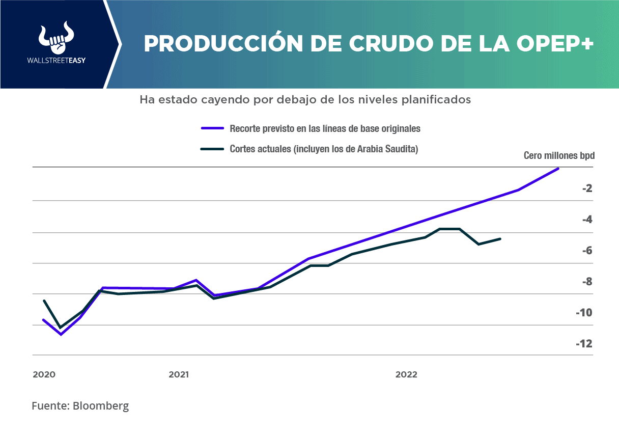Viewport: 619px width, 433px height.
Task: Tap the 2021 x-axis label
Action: pyautogui.click(x=179, y=375)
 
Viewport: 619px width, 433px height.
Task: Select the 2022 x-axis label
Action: pyautogui.click(x=406, y=375)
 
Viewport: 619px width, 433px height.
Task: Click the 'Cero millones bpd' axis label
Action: pyautogui.click(x=559, y=155)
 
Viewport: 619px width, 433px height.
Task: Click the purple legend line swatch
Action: pyautogui.click(x=212, y=129)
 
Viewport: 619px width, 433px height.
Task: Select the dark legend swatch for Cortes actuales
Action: pyautogui.click(x=212, y=149)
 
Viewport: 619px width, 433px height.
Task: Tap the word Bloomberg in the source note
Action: pyautogui.click(x=101, y=406)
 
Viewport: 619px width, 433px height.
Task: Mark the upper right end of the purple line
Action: pyautogui.click(x=558, y=168)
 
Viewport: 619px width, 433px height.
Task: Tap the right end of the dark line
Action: pyautogui.click(x=500, y=238)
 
